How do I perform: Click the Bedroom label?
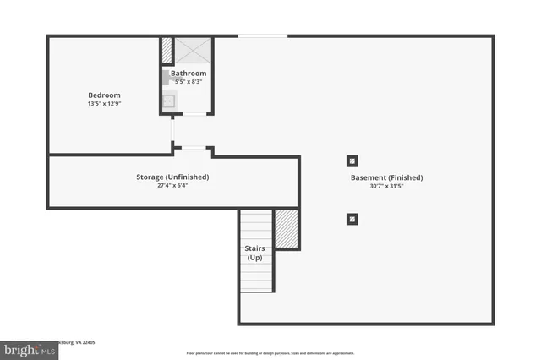click(x=104, y=95)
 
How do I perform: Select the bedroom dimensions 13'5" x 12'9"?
click(x=104, y=104)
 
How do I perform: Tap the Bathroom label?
click(x=189, y=74)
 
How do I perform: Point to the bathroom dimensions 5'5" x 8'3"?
click(x=189, y=82)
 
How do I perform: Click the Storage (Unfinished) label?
click(x=172, y=177)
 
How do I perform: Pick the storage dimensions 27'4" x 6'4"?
click(x=172, y=186)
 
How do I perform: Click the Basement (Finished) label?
click(x=386, y=177)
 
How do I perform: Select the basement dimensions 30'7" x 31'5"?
click(x=386, y=187)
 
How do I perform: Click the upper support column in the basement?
click(x=352, y=161)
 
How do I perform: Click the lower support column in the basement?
click(x=352, y=219)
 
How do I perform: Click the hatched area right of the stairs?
click(x=287, y=229)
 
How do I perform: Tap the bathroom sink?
click(x=168, y=102)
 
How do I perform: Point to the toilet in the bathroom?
click(x=167, y=79)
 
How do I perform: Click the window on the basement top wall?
click(x=262, y=35)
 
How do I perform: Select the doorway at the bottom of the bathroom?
click(x=194, y=114)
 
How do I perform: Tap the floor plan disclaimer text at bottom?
click(x=270, y=353)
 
